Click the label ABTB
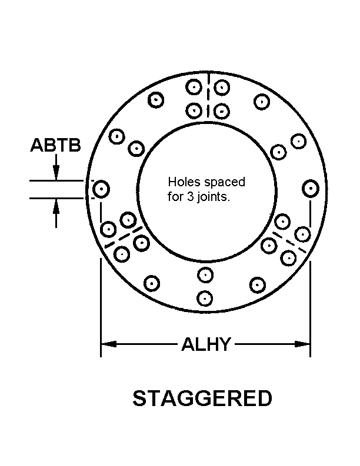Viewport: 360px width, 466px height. pos(55,145)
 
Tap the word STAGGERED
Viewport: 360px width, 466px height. pos(202,398)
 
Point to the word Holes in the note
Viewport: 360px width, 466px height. pos(181,183)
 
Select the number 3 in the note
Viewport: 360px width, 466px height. pos(188,197)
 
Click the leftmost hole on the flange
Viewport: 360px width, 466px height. pos(101,189)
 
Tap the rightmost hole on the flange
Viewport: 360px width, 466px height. pos(310,189)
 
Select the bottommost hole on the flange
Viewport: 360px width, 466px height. pos(205,298)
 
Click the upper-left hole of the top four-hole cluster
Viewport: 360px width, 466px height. pos(194,88)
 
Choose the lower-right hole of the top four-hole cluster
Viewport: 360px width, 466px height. pos(221,111)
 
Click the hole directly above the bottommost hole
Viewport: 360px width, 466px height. pos(205,274)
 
